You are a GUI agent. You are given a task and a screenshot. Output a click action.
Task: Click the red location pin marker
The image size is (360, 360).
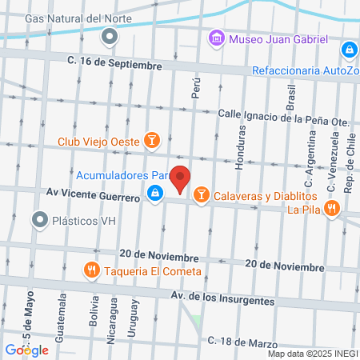pos(181,178)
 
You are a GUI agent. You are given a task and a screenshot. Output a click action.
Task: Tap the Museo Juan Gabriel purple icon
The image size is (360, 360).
pos(216,38)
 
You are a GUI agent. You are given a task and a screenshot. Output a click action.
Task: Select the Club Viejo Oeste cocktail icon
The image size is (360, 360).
pos(153,142)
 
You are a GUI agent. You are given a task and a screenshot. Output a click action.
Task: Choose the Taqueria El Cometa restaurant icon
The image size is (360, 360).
pos(93,270)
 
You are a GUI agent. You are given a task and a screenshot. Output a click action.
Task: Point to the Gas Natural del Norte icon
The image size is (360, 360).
pos(109,35)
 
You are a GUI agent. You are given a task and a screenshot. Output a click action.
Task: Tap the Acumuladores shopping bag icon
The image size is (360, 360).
pos(154,193)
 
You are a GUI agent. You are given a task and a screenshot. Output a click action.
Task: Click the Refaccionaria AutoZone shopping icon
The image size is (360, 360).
pos(349,50)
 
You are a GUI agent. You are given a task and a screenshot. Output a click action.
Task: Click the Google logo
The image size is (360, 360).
pos(26,350)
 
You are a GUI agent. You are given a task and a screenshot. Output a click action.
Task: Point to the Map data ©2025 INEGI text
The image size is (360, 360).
pos(312,354)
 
